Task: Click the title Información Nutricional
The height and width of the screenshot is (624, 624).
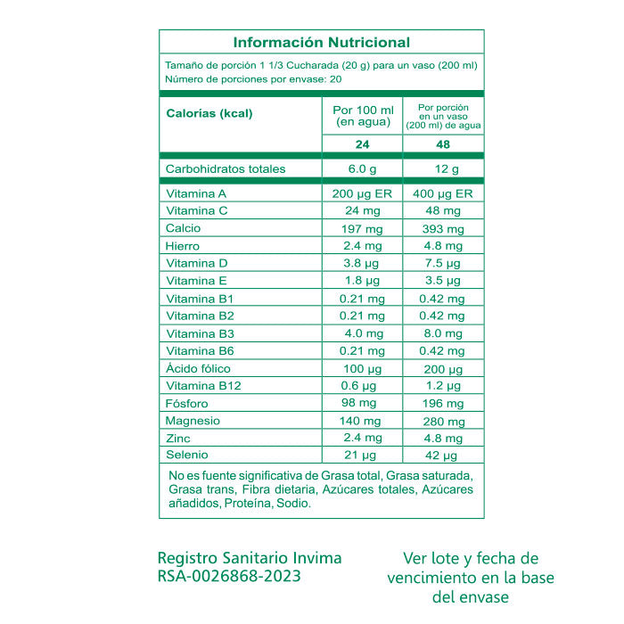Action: pos(321,42)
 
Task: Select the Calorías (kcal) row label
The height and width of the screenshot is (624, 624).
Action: pos(209,113)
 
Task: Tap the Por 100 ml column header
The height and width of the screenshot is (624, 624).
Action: pos(363,115)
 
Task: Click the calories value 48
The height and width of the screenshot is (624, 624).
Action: pos(443,145)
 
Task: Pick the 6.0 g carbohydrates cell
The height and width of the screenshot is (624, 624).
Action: pos(363,169)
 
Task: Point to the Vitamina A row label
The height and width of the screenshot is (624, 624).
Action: pos(197,193)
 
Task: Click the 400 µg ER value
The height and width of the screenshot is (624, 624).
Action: pos(443,193)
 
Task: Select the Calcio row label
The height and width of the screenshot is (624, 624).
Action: pos(184,228)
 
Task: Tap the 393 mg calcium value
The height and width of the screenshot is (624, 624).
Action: pos(443,228)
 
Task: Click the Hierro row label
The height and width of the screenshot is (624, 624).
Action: pos(183,246)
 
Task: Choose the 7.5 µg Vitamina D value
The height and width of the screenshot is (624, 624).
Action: pos(443,264)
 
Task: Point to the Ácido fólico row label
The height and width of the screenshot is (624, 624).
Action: pos(200,368)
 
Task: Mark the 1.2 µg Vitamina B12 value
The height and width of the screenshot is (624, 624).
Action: pos(443,386)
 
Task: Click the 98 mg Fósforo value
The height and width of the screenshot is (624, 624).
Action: pos(363,404)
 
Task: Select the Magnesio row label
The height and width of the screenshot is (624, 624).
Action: pos(193,421)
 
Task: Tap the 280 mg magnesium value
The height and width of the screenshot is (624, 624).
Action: pos(443,421)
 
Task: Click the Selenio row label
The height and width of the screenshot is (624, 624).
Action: pos(187,456)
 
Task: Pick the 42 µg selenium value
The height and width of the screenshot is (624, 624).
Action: pos(443,456)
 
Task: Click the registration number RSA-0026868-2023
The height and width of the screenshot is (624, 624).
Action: pos(229,576)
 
